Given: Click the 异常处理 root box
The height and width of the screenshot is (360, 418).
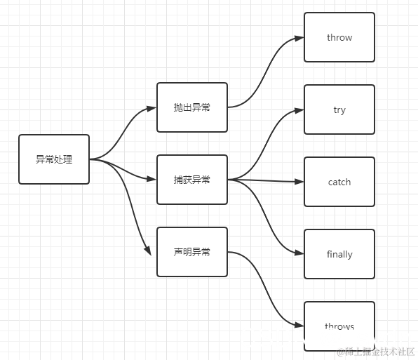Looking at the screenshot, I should (x=54, y=159).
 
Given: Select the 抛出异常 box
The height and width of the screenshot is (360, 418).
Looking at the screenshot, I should (x=192, y=107).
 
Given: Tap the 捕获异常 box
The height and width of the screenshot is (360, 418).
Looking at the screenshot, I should (x=192, y=180).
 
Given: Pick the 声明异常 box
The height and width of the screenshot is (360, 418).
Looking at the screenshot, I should (x=192, y=252).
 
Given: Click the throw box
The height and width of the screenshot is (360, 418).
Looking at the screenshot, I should (x=339, y=37).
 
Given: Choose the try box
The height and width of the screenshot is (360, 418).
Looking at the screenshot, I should (x=339, y=109).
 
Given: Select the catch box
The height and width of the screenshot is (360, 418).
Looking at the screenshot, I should (x=339, y=182).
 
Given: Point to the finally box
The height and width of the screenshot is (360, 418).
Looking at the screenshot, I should (x=339, y=254).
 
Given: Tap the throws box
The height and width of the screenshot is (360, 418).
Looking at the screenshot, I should (x=339, y=326).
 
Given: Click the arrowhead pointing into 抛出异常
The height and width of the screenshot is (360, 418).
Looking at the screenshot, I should (x=151, y=108).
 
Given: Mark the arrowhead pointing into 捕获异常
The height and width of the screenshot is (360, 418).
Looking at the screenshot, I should (x=151, y=180).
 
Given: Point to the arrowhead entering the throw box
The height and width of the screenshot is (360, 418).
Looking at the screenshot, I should (x=299, y=38).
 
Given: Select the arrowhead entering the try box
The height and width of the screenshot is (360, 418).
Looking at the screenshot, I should (x=299, y=110).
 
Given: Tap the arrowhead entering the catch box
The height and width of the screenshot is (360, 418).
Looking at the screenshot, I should (x=299, y=182).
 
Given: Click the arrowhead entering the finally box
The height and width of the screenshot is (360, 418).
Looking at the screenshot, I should (x=299, y=254).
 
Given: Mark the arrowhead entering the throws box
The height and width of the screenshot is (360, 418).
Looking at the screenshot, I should (x=299, y=326).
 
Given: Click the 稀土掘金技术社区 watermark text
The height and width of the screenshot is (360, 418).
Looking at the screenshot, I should (x=377, y=351).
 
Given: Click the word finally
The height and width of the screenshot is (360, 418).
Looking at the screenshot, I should (x=339, y=254).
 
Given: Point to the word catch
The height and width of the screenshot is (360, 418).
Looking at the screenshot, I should (x=339, y=182).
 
